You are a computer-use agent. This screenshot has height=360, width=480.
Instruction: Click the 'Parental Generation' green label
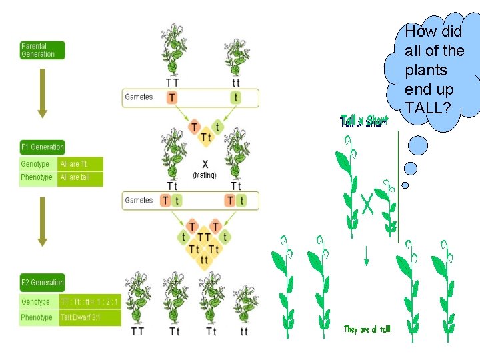[x=42, y=50]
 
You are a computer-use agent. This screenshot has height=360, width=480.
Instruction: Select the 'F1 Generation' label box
[x=42, y=147]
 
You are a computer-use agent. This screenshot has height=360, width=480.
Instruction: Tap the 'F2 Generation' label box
[x=42, y=283]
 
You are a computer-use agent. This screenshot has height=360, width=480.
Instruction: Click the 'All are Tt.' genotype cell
[x=80, y=164]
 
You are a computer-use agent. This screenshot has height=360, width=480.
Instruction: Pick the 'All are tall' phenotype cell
[x=80, y=178]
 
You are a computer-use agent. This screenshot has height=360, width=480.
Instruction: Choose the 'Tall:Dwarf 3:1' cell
[x=89, y=318]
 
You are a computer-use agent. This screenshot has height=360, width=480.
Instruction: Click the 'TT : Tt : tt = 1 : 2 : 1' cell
[x=89, y=302]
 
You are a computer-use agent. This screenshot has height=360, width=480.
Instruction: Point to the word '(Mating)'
[x=205, y=175]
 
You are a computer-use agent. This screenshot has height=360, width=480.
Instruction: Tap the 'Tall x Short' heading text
[x=363, y=121]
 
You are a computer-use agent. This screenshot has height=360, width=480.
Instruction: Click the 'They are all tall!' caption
[x=367, y=329]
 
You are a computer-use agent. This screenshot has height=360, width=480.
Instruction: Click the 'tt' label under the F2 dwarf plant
[x=244, y=331]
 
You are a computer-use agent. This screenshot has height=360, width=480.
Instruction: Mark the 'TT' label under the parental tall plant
[x=172, y=83]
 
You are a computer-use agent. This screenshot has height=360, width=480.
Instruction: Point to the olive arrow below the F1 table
[x=42, y=220]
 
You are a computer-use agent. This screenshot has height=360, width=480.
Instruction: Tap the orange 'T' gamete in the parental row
[x=172, y=97]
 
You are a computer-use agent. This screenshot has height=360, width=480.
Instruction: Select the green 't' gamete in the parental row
[x=235, y=97]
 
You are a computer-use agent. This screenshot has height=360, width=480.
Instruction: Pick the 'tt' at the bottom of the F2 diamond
[x=205, y=260]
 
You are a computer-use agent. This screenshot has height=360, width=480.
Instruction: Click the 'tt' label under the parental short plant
[x=235, y=83]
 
